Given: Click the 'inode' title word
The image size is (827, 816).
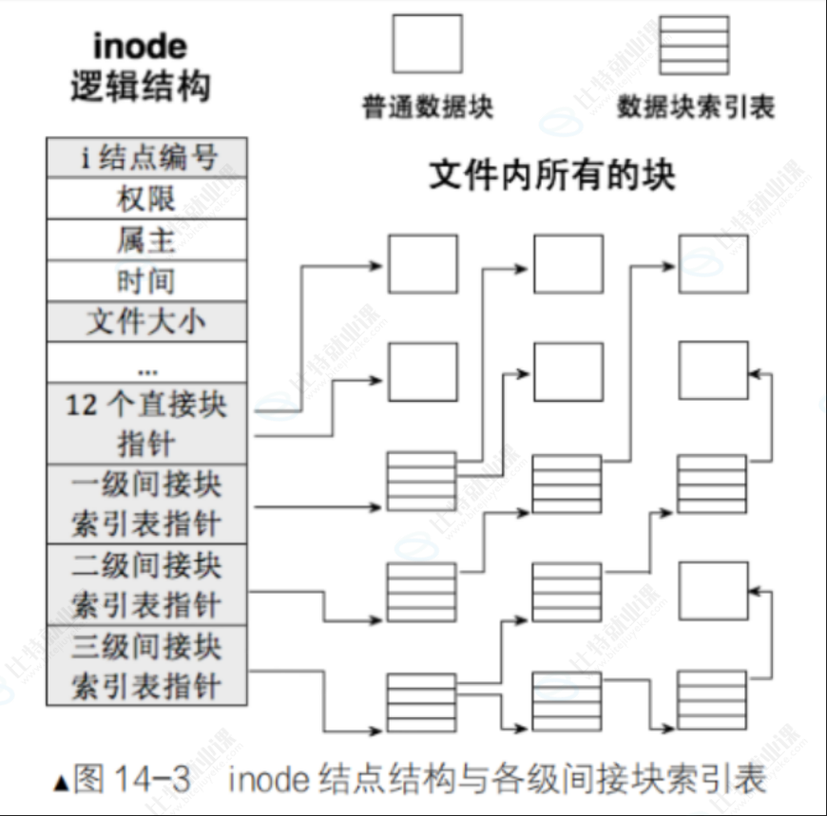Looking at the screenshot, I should tap(140, 45).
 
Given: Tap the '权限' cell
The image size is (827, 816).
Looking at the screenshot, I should tap(146, 199).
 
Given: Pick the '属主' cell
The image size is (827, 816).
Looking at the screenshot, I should tap(146, 239).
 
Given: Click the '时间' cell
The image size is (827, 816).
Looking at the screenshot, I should tap(146, 281).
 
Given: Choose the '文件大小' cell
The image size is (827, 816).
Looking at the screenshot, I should tap(146, 322).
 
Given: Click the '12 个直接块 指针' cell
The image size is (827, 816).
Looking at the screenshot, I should tap(146, 424).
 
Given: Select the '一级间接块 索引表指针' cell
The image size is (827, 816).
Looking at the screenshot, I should tap(146, 503).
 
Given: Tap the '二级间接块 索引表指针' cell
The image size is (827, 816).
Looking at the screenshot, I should tap(146, 584).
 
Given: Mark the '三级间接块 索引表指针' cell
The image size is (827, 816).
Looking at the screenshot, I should tap(146, 665).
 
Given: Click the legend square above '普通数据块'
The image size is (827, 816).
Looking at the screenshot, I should tap(427, 44).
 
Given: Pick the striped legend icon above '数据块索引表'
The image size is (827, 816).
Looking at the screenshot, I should tap(695, 44).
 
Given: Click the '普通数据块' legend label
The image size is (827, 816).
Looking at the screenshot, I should tap(428, 104).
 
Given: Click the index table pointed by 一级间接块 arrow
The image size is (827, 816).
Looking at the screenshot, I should tap(421, 483).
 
